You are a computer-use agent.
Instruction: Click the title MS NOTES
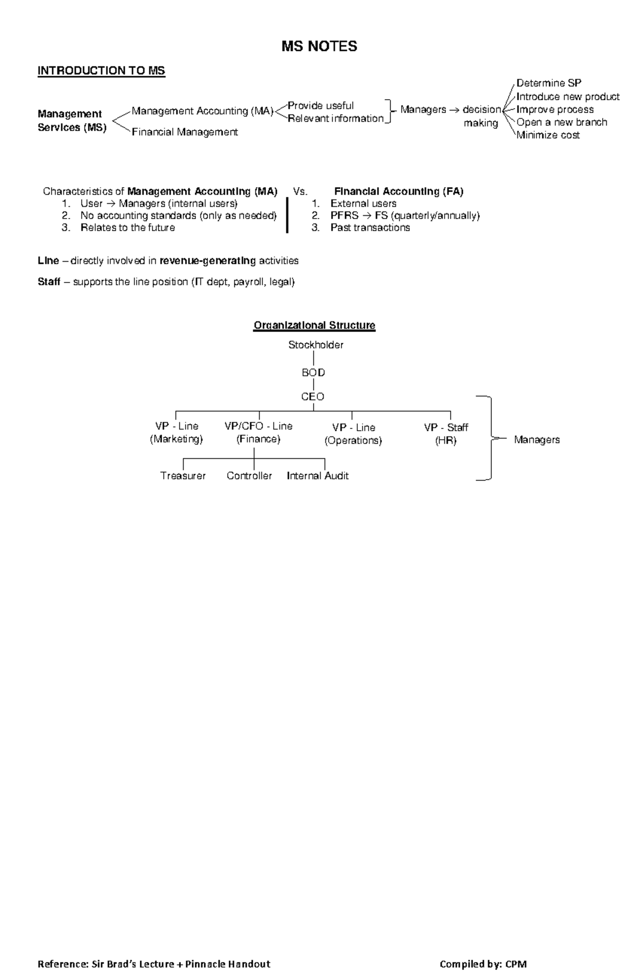point(319,47)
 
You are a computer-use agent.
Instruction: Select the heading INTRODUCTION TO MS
point(101,71)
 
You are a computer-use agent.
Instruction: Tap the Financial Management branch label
point(185,132)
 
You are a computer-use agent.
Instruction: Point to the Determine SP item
point(549,83)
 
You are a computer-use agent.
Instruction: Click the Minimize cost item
point(548,135)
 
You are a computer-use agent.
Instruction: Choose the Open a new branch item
point(562,122)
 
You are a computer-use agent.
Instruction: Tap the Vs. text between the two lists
point(300,191)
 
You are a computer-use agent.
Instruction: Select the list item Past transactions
point(370,228)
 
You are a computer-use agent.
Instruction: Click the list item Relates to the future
point(127,228)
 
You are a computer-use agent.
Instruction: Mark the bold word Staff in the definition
point(49,281)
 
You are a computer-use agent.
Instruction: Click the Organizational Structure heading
point(314,325)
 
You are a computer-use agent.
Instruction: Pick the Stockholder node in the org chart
point(316,345)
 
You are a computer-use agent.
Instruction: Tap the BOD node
point(313,373)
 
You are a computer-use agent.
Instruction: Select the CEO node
point(313,397)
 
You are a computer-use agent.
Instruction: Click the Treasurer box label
point(183,476)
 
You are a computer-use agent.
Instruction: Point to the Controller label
point(249,476)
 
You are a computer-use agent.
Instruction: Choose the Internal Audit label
point(317,476)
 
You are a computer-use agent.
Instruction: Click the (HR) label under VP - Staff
point(446,441)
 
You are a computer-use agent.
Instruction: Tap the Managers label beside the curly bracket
point(537,440)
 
